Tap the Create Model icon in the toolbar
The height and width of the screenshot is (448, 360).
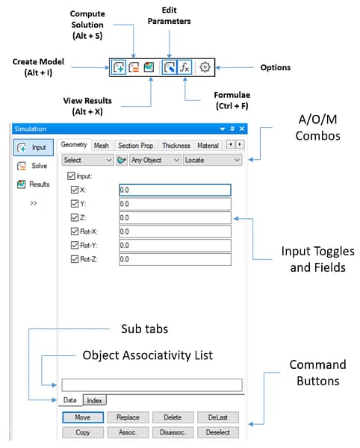(119, 67)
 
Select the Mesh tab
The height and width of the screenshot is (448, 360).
(102, 146)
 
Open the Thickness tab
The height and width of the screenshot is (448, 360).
(176, 146)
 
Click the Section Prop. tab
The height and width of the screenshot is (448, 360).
(136, 146)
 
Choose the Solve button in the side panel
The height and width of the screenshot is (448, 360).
(33, 166)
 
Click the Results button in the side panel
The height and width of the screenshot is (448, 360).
(33, 184)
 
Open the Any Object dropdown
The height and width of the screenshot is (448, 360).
(155, 160)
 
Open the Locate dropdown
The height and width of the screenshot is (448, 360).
(213, 160)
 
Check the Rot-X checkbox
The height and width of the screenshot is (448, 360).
(73, 231)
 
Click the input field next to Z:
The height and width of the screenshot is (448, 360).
(174, 217)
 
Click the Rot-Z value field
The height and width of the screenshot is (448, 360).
(174, 259)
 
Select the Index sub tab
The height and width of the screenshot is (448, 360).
(95, 401)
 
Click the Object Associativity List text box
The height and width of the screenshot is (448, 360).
(152, 385)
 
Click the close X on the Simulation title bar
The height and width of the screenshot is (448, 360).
(242, 129)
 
